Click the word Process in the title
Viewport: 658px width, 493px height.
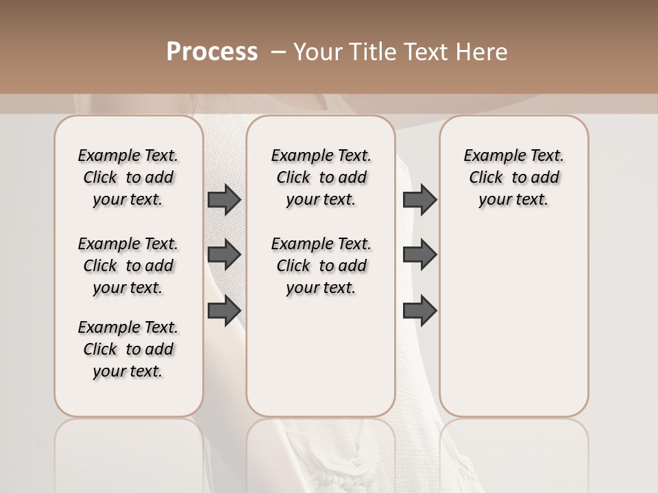coord(212,52)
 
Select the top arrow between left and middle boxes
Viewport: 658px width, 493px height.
coord(224,200)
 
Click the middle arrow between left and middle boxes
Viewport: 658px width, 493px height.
coord(224,255)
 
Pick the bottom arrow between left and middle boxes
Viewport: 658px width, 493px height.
coord(224,310)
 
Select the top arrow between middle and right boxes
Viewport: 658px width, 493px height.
coord(419,200)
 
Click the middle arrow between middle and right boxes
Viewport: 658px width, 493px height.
coord(419,255)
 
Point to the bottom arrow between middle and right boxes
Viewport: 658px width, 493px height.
coord(419,310)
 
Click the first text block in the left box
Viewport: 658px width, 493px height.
coord(128,177)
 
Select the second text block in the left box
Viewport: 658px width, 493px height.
coord(128,266)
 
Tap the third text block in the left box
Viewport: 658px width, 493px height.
coord(128,349)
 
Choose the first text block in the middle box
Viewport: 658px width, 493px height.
coord(321,177)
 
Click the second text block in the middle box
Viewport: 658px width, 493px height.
coord(321,266)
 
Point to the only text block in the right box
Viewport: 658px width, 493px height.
coord(513,177)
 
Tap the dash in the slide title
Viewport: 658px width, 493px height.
coord(278,52)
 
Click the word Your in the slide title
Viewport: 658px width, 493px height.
coord(317,52)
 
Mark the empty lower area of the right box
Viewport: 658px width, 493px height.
coord(513,322)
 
